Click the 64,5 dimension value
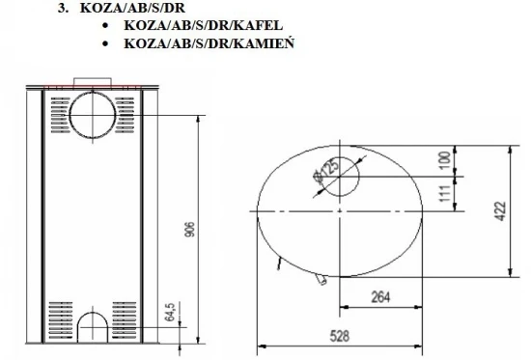click(169, 314)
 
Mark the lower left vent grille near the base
click(60, 316)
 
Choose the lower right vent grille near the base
click(129, 316)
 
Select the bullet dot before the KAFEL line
click(104, 25)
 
